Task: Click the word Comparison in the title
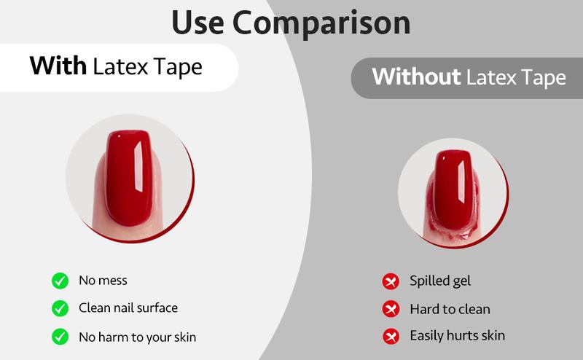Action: coord(324,23)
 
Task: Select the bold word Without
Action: coord(416,77)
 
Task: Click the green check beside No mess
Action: coord(60,281)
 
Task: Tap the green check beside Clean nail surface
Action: coord(60,308)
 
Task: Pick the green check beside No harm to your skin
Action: coord(60,337)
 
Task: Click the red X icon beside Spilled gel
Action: coord(391,281)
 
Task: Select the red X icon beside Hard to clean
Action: coord(391,309)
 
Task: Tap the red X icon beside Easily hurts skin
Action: coord(391,336)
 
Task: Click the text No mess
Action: coord(103,281)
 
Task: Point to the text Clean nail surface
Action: coord(128,308)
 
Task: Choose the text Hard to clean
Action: coord(450,309)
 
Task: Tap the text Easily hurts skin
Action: coord(457,335)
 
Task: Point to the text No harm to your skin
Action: coord(137,337)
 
